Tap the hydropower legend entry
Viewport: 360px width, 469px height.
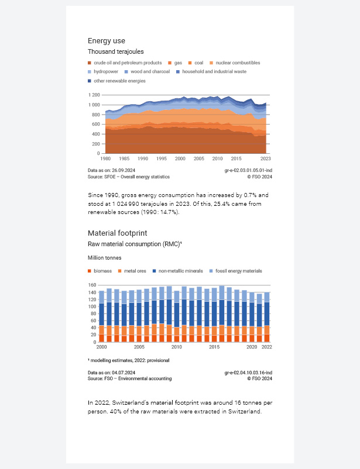(x=105, y=71)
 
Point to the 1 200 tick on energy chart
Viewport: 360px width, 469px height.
(x=94, y=95)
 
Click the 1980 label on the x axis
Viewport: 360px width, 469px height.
(x=105, y=158)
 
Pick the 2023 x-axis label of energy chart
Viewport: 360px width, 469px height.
(x=265, y=158)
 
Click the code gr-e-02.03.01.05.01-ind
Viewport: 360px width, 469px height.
(x=246, y=170)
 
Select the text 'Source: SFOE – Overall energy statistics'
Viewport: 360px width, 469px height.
(x=128, y=176)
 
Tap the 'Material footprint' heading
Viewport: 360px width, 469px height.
(x=113, y=233)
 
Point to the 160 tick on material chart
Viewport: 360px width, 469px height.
(x=92, y=285)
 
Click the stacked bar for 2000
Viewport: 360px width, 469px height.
(x=102, y=316)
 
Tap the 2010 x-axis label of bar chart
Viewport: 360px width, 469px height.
(x=176, y=347)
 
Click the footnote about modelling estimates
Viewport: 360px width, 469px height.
(x=128, y=360)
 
